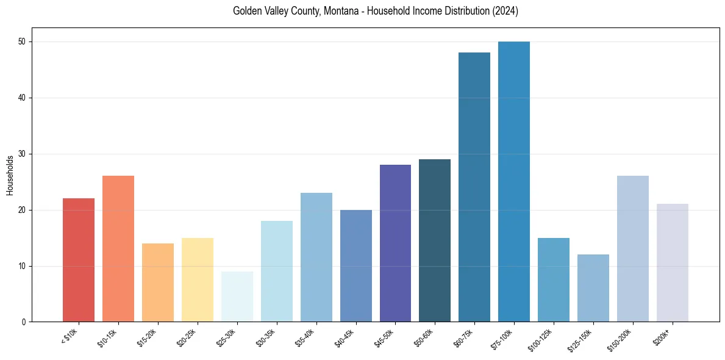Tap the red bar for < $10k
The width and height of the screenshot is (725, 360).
78,260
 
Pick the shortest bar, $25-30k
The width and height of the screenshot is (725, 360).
237,297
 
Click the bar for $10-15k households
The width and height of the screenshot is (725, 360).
118,249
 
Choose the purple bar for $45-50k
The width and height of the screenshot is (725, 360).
395,243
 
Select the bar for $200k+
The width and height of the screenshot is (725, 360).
672,263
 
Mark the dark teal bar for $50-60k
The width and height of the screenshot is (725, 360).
435,240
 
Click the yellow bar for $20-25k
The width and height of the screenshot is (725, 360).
197,280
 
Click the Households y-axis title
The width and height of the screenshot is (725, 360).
10,175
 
